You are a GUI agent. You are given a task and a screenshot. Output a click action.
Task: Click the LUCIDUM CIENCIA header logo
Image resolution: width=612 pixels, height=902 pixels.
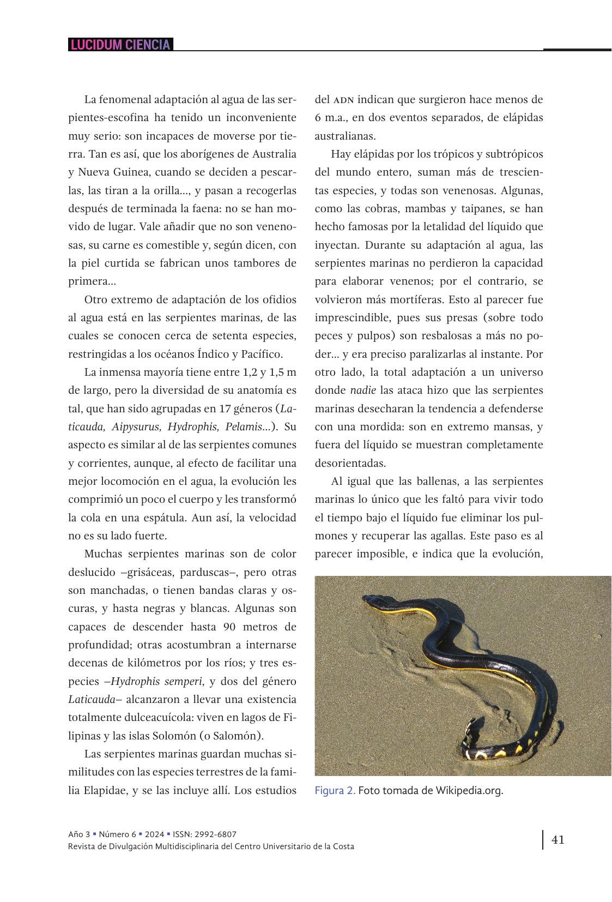(x=120, y=45)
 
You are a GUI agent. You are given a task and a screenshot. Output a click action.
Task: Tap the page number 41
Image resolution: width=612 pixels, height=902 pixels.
(x=558, y=839)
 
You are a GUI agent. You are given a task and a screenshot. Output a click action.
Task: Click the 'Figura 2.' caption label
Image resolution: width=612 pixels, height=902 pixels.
(x=335, y=790)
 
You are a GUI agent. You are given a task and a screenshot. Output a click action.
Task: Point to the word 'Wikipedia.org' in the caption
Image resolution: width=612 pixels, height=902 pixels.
(x=469, y=790)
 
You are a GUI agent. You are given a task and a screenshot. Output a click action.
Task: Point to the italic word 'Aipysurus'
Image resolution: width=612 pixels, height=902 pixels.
(x=138, y=426)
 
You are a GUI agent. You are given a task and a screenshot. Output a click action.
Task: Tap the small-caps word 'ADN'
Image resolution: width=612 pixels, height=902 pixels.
(x=343, y=100)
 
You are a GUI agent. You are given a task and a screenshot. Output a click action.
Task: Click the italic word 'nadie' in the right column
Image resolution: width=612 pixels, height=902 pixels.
(x=362, y=390)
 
